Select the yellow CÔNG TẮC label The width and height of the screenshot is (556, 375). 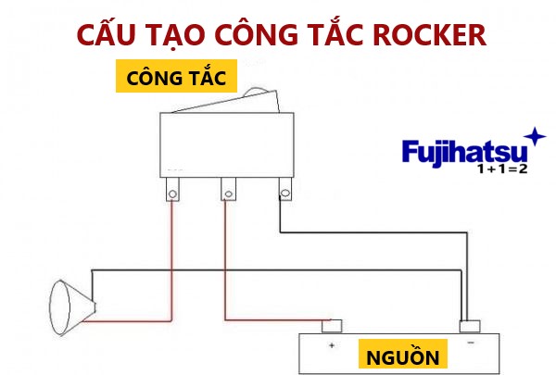[176, 77]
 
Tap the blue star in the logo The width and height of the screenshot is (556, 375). [536, 136]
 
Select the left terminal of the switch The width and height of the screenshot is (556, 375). [172, 193]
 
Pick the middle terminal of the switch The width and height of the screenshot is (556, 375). [227, 193]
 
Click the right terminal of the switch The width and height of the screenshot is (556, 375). [284, 193]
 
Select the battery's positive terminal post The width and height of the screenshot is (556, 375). [331, 325]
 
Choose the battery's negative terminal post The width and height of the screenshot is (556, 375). [471, 325]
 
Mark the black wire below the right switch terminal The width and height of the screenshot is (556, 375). [280, 218]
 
